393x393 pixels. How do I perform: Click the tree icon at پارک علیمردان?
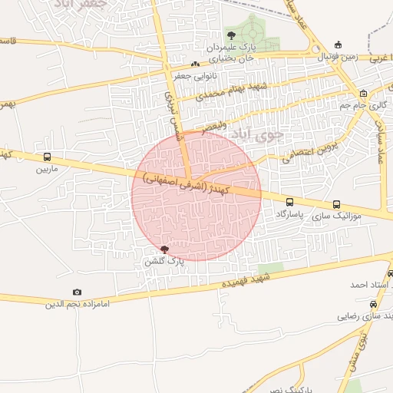point(231,35)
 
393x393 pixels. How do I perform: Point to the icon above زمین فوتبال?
point(339,45)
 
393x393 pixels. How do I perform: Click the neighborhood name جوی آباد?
point(257,134)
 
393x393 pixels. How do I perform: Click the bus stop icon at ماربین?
point(48,157)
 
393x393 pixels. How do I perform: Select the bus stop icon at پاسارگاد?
point(289,203)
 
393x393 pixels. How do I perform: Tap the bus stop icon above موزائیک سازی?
point(336,204)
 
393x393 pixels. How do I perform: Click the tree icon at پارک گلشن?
point(165,249)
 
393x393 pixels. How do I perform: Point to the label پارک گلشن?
point(164,262)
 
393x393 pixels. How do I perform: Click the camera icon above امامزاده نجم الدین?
point(77,292)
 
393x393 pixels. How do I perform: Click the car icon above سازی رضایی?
point(374,304)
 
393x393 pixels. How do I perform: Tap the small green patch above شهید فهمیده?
point(269,268)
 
